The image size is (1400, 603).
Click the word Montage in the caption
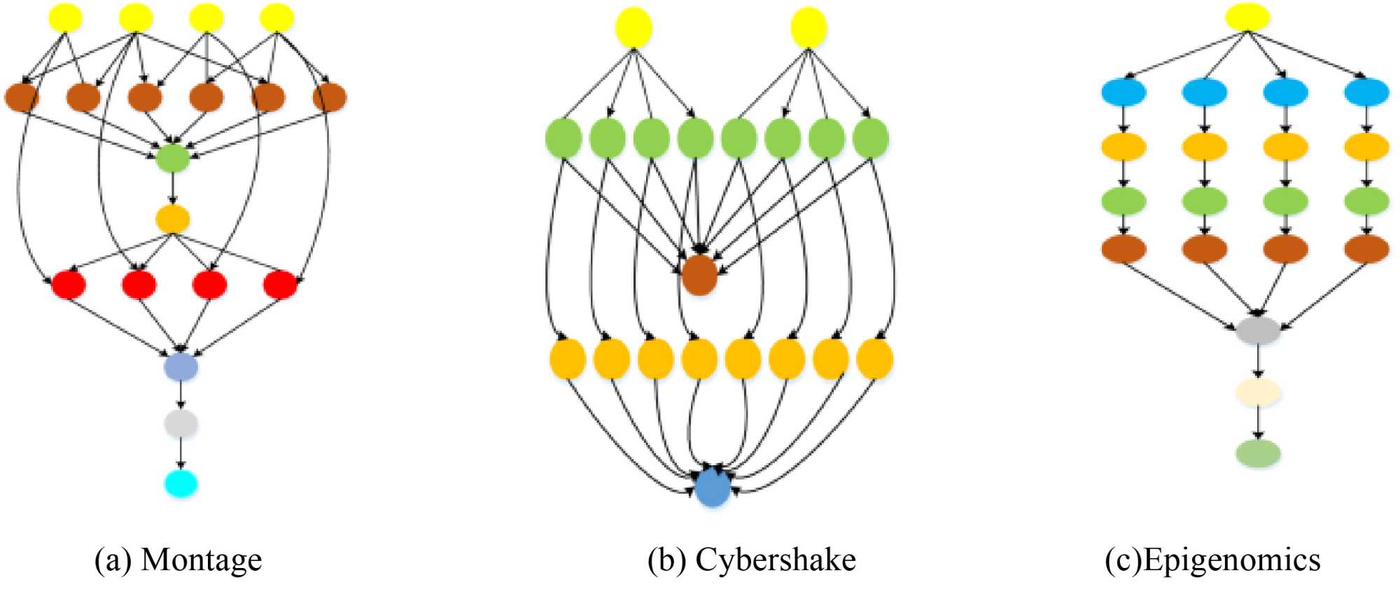pyautogui.click(x=201, y=560)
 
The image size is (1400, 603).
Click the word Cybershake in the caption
pyautogui.click(x=775, y=560)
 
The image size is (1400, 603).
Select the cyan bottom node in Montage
pyautogui.click(x=181, y=483)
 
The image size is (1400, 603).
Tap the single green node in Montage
pyautogui.click(x=173, y=158)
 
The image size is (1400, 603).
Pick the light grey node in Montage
pyautogui.click(x=181, y=423)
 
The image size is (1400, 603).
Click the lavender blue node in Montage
pyautogui.click(x=181, y=367)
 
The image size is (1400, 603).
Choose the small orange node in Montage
pyautogui.click(x=173, y=219)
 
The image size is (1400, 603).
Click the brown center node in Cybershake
pyautogui.click(x=699, y=275)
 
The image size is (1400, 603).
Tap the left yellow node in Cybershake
pyautogui.click(x=633, y=28)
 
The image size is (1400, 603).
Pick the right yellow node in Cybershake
pyautogui.click(x=808, y=28)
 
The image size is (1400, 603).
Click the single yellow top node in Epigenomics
pyautogui.click(x=1247, y=17)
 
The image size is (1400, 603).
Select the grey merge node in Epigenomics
pyautogui.click(x=1258, y=329)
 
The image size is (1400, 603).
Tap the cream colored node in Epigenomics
pyautogui.click(x=1258, y=392)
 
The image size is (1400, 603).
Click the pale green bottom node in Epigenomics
pyautogui.click(x=1258, y=453)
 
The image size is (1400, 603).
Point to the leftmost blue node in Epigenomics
pyautogui.click(x=1123, y=92)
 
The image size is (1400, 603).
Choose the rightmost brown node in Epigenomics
pyautogui.click(x=1366, y=248)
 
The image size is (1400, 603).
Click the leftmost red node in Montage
pyautogui.click(x=69, y=284)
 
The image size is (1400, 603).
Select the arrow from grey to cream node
pyautogui.click(x=1258, y=362)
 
